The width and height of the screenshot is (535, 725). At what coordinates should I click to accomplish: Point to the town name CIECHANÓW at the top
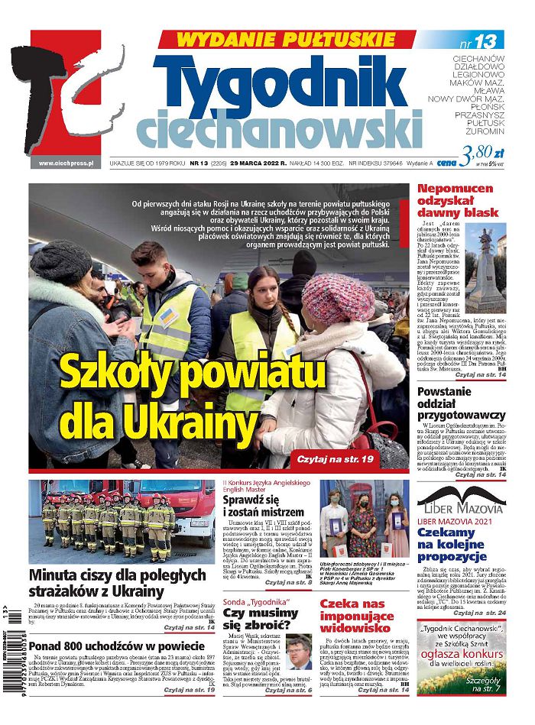478,59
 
